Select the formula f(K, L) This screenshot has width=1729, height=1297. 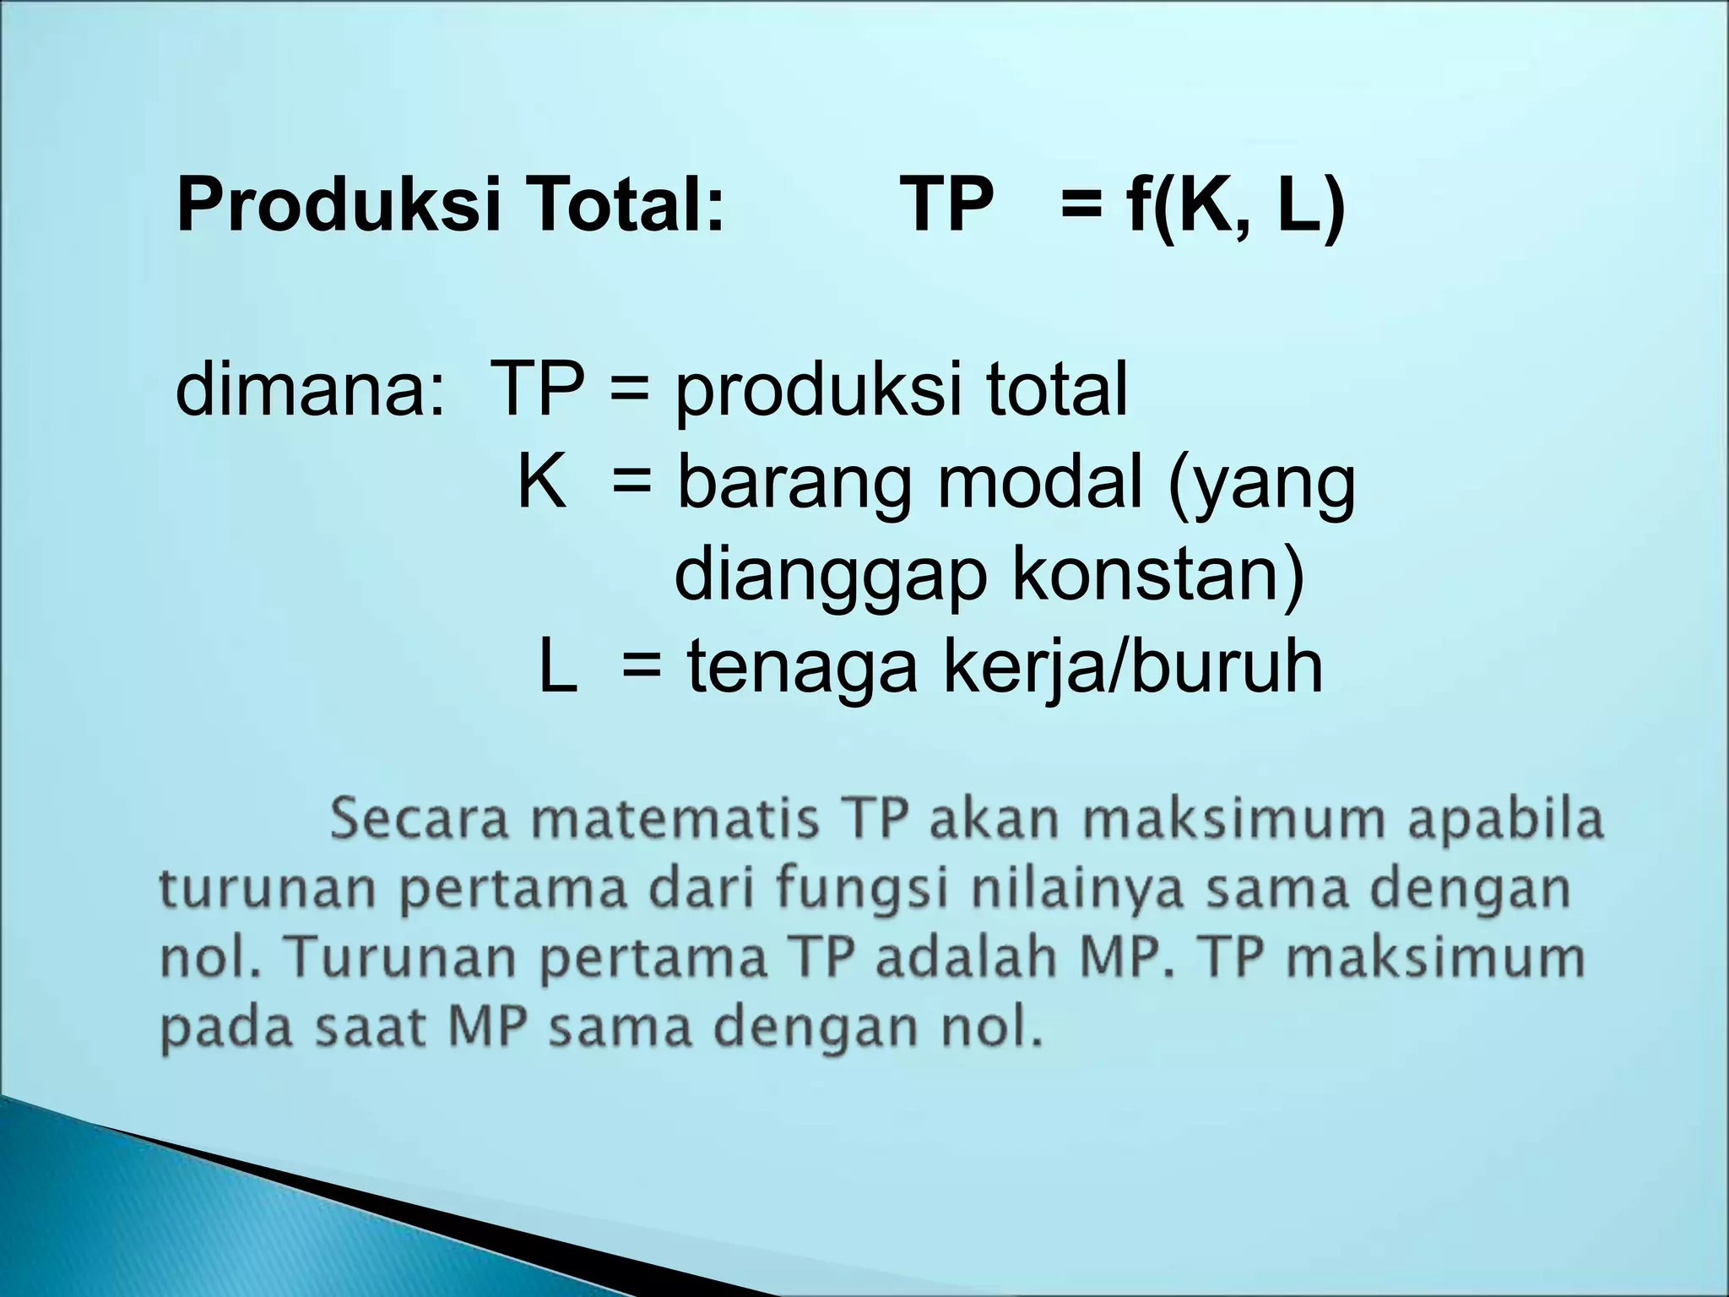click(x=1235, y=205)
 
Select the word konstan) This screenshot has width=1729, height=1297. click(x=1157, y=577)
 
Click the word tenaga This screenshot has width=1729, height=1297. click(x=802, y=668)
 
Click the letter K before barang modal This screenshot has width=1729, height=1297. click(x=541, y=484)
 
